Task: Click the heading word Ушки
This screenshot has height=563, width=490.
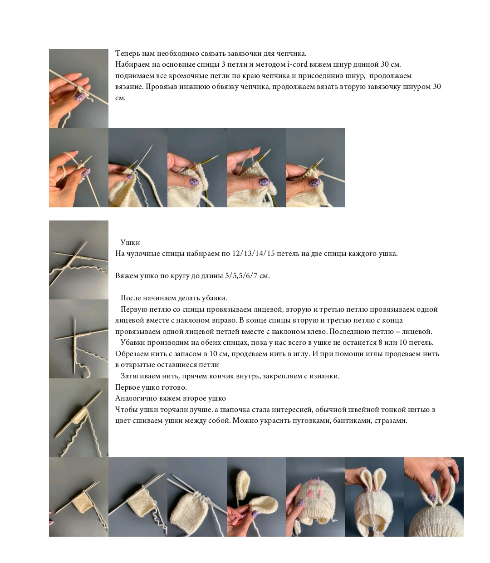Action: [x=130, y=242]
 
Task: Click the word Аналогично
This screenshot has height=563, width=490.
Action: [x=135, y=398]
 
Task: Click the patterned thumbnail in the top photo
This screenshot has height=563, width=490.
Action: [x=80, y=97]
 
